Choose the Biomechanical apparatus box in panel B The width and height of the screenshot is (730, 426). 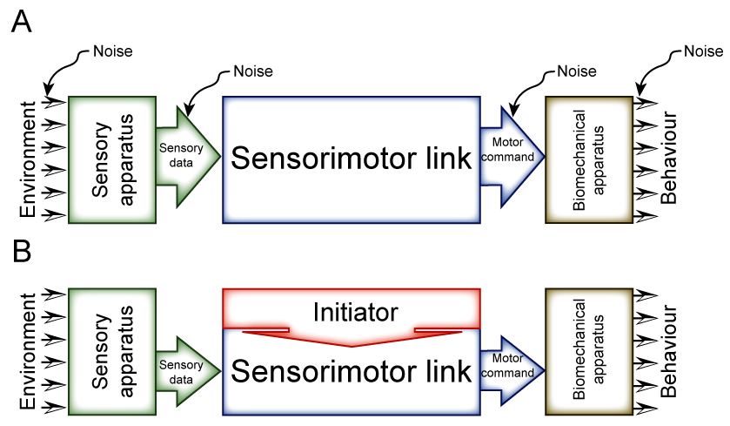click(x=588, y=349)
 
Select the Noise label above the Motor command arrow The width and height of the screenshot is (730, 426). click(x=577, y=71)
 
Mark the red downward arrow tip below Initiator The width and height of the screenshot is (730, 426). click(x=352, y=345)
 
